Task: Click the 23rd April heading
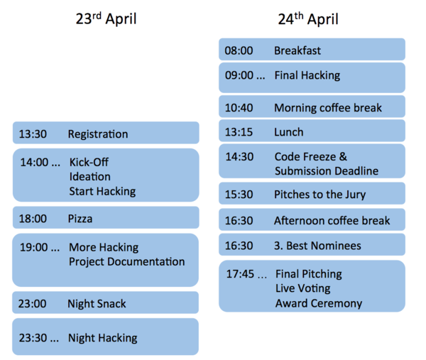coord(106,19)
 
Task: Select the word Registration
coord(98,134)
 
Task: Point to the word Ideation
coord(89,177)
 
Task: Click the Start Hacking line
coord(102,191)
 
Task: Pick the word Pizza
coord(80,219)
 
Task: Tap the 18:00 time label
coord(33,219)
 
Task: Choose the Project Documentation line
coord(126,261)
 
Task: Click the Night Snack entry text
coord(97,304)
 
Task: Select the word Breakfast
coord(297,50)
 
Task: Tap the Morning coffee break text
coord(328,108)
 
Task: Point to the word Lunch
coord(288,132)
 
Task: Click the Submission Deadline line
coord(327,171)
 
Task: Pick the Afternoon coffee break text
coord(332,221)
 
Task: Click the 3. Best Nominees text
coord(317,246)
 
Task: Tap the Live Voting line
coord(302,288)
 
